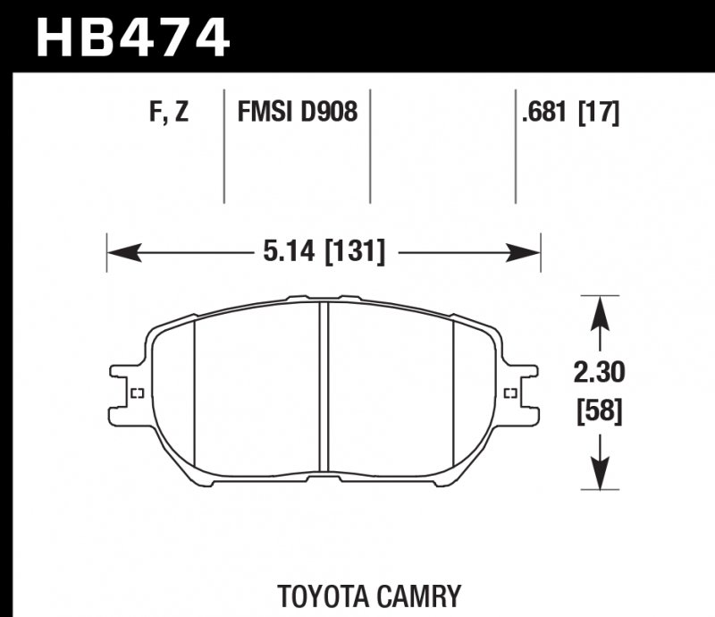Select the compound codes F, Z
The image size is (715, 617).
(x=169, y=113)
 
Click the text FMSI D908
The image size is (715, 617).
(x=297, y=113)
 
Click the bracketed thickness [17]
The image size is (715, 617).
(x=598, y=113)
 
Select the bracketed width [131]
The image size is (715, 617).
(x=355, y=254)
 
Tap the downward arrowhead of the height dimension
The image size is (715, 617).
(x=600, y=473)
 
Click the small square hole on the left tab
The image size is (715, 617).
(x=138, y=393)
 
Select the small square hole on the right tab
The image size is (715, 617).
(x=510, y=393)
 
